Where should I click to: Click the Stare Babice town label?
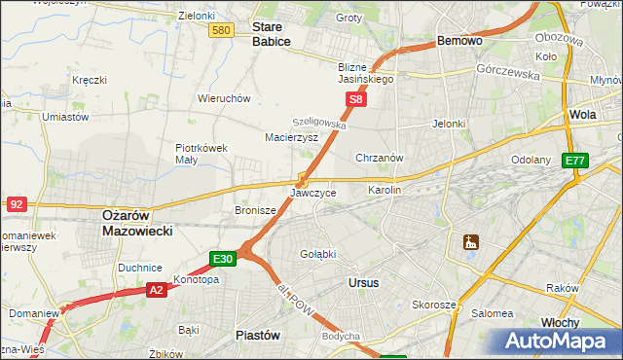click(x=272, y=35)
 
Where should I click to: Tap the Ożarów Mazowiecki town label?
click(x=137, y=224)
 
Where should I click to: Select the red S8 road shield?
click(x=357, y=99)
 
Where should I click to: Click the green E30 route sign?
click(x=223, y=258)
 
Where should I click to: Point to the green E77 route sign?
click(x=575, y=161)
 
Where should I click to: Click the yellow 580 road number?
click(x=221, y=31)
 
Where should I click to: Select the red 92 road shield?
click(x=17, y=203)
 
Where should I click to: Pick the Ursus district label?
click(x=363, y=282)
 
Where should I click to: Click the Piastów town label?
click(x=258, y=334)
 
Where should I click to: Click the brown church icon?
click(x=472, y=241)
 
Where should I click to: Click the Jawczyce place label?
click(x=313, y=193)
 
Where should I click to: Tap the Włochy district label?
click(x=560, y=322)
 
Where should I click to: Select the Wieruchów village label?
click(x=225, y=98)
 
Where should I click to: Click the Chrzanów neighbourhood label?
click(x=381, y=158)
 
